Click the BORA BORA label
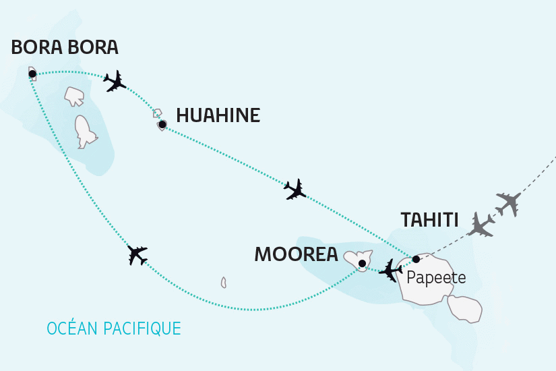pos(65,47)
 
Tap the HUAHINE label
pos(218,115)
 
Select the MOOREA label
pos(296,254)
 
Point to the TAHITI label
pos(429,220)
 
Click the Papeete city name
pos(435,277)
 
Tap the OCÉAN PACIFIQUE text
pos(114,329)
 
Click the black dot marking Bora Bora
pos(32,74)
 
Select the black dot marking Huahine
pos(162,123)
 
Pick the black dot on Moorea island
pos(362,263)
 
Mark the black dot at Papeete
pos(416,259)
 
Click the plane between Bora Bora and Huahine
pos(116,81)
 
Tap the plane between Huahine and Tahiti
pos(295,190)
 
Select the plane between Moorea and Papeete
pos(390,270)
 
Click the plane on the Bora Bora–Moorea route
pos(137,255)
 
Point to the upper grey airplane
pos(509,202)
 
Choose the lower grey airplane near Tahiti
pos(483,225)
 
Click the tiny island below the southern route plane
pos(223,282)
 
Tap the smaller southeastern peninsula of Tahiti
pos(465,308)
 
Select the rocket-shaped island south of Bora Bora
pos(84,132)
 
